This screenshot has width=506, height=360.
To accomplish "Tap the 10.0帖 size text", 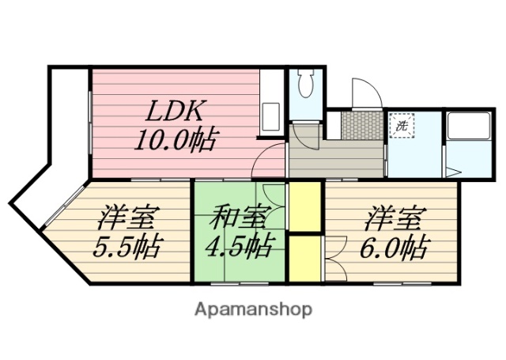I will click(x=176, y=141).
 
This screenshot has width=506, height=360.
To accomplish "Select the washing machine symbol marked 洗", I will click(x=402, y=125).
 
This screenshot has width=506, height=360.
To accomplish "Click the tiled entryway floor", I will click(x=361, y=124).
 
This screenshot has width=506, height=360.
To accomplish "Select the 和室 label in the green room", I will click(x=237, y=215).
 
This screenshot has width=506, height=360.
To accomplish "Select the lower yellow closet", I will click(x=304, y=257).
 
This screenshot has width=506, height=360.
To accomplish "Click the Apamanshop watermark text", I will click(x=253, y=308).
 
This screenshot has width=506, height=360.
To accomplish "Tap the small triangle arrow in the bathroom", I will click(x=453, y=170).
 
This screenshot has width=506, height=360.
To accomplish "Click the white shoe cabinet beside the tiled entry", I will click(x=333, y=125).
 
